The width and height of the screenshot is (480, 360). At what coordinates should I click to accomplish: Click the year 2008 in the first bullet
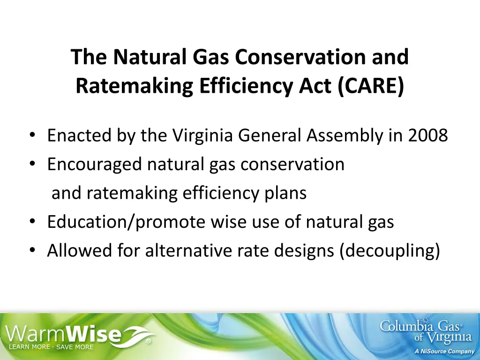tap(427, 135)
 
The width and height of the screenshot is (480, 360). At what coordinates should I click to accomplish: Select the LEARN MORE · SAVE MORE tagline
tap(50, 347)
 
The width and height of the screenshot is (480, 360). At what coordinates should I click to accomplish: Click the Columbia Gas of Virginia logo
tap(426, 331)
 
